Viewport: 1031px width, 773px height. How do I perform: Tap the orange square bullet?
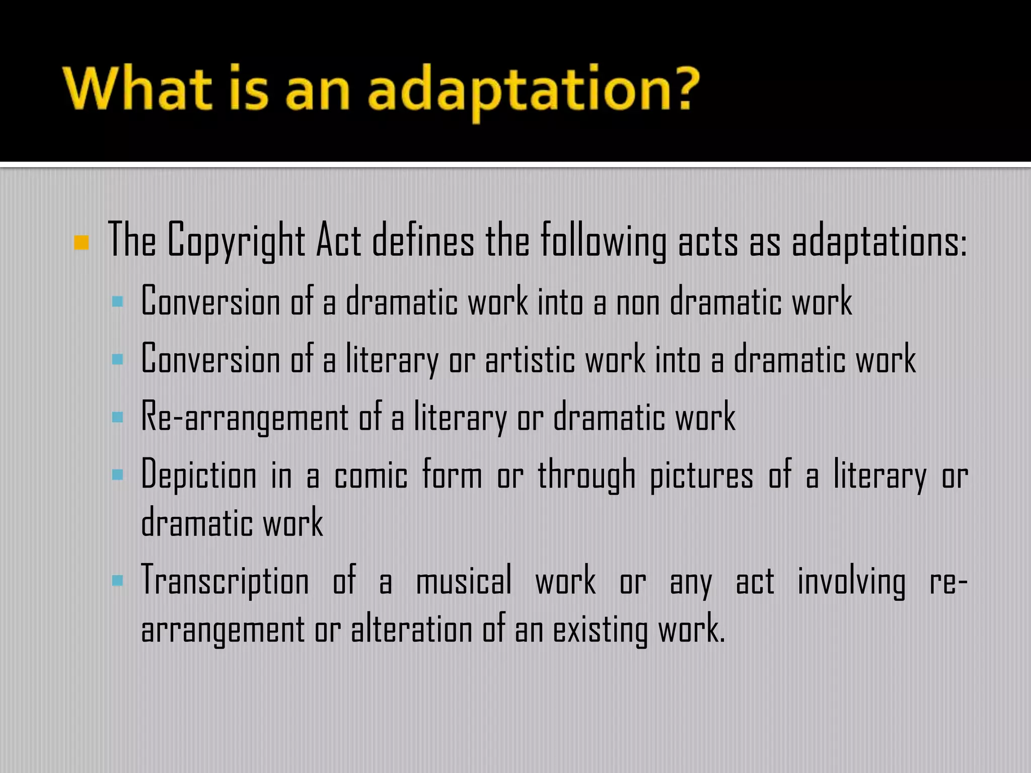[82, 243]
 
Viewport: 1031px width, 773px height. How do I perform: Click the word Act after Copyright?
[339, 241]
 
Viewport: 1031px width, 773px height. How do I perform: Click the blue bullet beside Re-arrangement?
[118, 417]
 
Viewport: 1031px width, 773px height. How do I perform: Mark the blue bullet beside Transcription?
[118, 581]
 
